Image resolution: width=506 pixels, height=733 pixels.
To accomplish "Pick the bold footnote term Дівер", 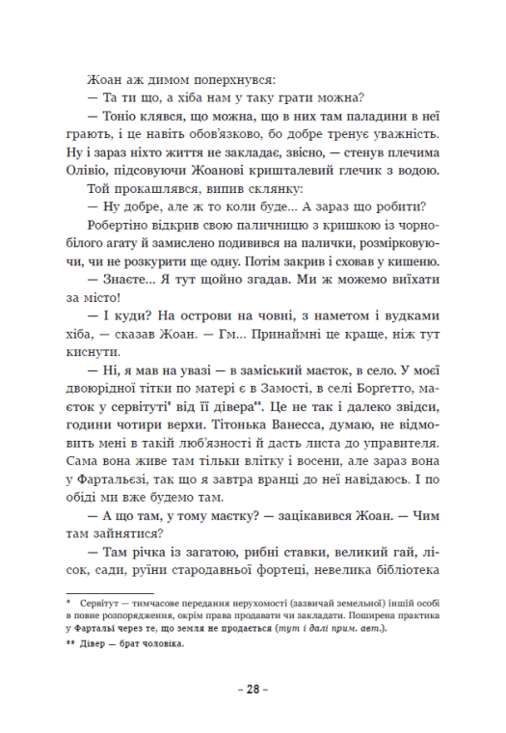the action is (99, 645).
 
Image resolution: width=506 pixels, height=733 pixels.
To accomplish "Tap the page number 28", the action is (253, 691).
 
